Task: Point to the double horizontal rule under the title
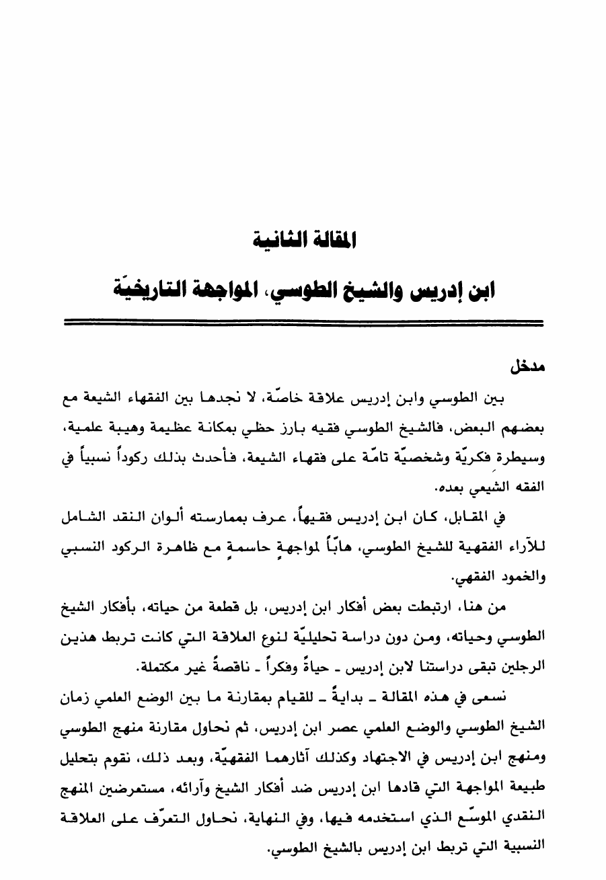pyautogui.click(x=303, y=324)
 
